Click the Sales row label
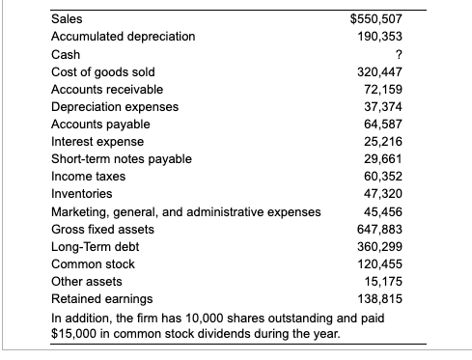click(x=67, y=18)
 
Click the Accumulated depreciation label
click(x=123, y=37)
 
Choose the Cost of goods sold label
click(x=102, y=71)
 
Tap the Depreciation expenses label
click(x=114, y=106)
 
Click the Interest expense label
click(x=97, y=142)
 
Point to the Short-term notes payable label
click(x=121, y=159)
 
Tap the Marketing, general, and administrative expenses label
click(x=184, y=211)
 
